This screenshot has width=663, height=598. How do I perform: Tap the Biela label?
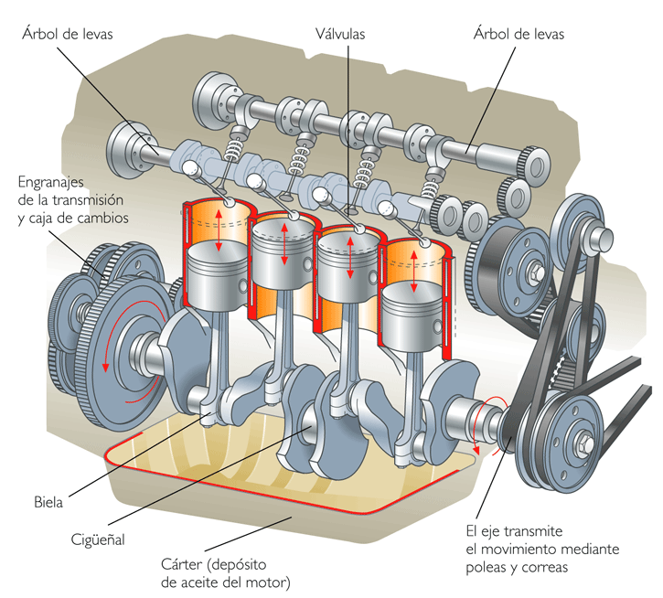click(x=48, y=501)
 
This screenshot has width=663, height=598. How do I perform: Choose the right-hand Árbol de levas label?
click(x=519, y=34)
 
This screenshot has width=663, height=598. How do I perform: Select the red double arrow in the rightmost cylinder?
click(x=413, y=266)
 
